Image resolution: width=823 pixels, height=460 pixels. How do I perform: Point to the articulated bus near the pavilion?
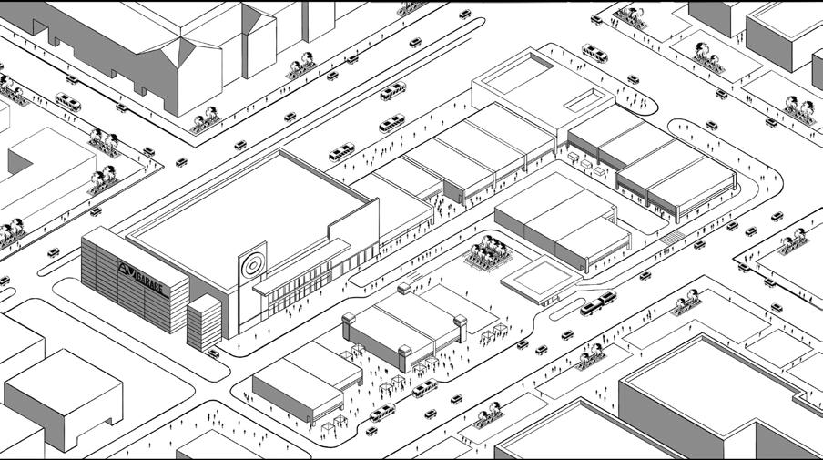(597, 302)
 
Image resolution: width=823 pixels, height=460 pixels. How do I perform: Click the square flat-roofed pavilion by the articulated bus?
(538, 277)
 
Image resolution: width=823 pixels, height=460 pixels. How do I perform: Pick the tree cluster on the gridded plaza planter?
(489, 250)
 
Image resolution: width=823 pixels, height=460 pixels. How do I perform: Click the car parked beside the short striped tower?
(213, 353)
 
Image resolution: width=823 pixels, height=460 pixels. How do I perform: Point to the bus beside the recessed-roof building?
(595, 53)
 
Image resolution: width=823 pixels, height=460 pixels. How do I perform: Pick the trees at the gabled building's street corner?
(205, 118)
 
